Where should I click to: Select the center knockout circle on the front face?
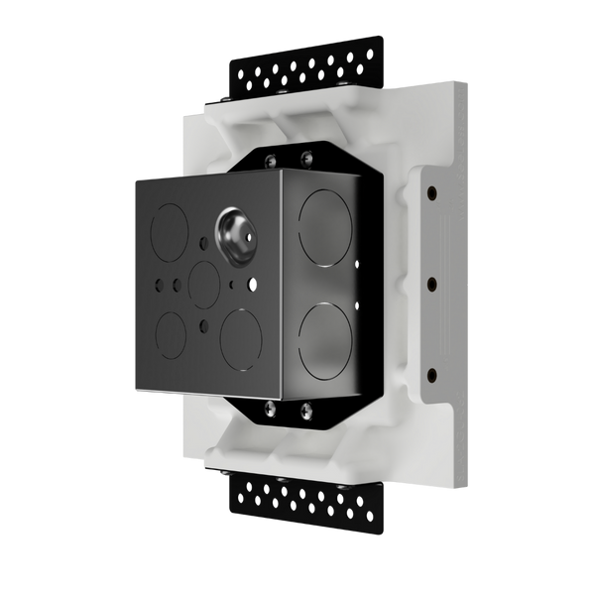204,284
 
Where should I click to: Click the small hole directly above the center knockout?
202,242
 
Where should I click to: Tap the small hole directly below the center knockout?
203,324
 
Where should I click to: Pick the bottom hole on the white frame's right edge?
431,374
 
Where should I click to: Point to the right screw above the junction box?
307,155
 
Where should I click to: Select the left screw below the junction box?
269,408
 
